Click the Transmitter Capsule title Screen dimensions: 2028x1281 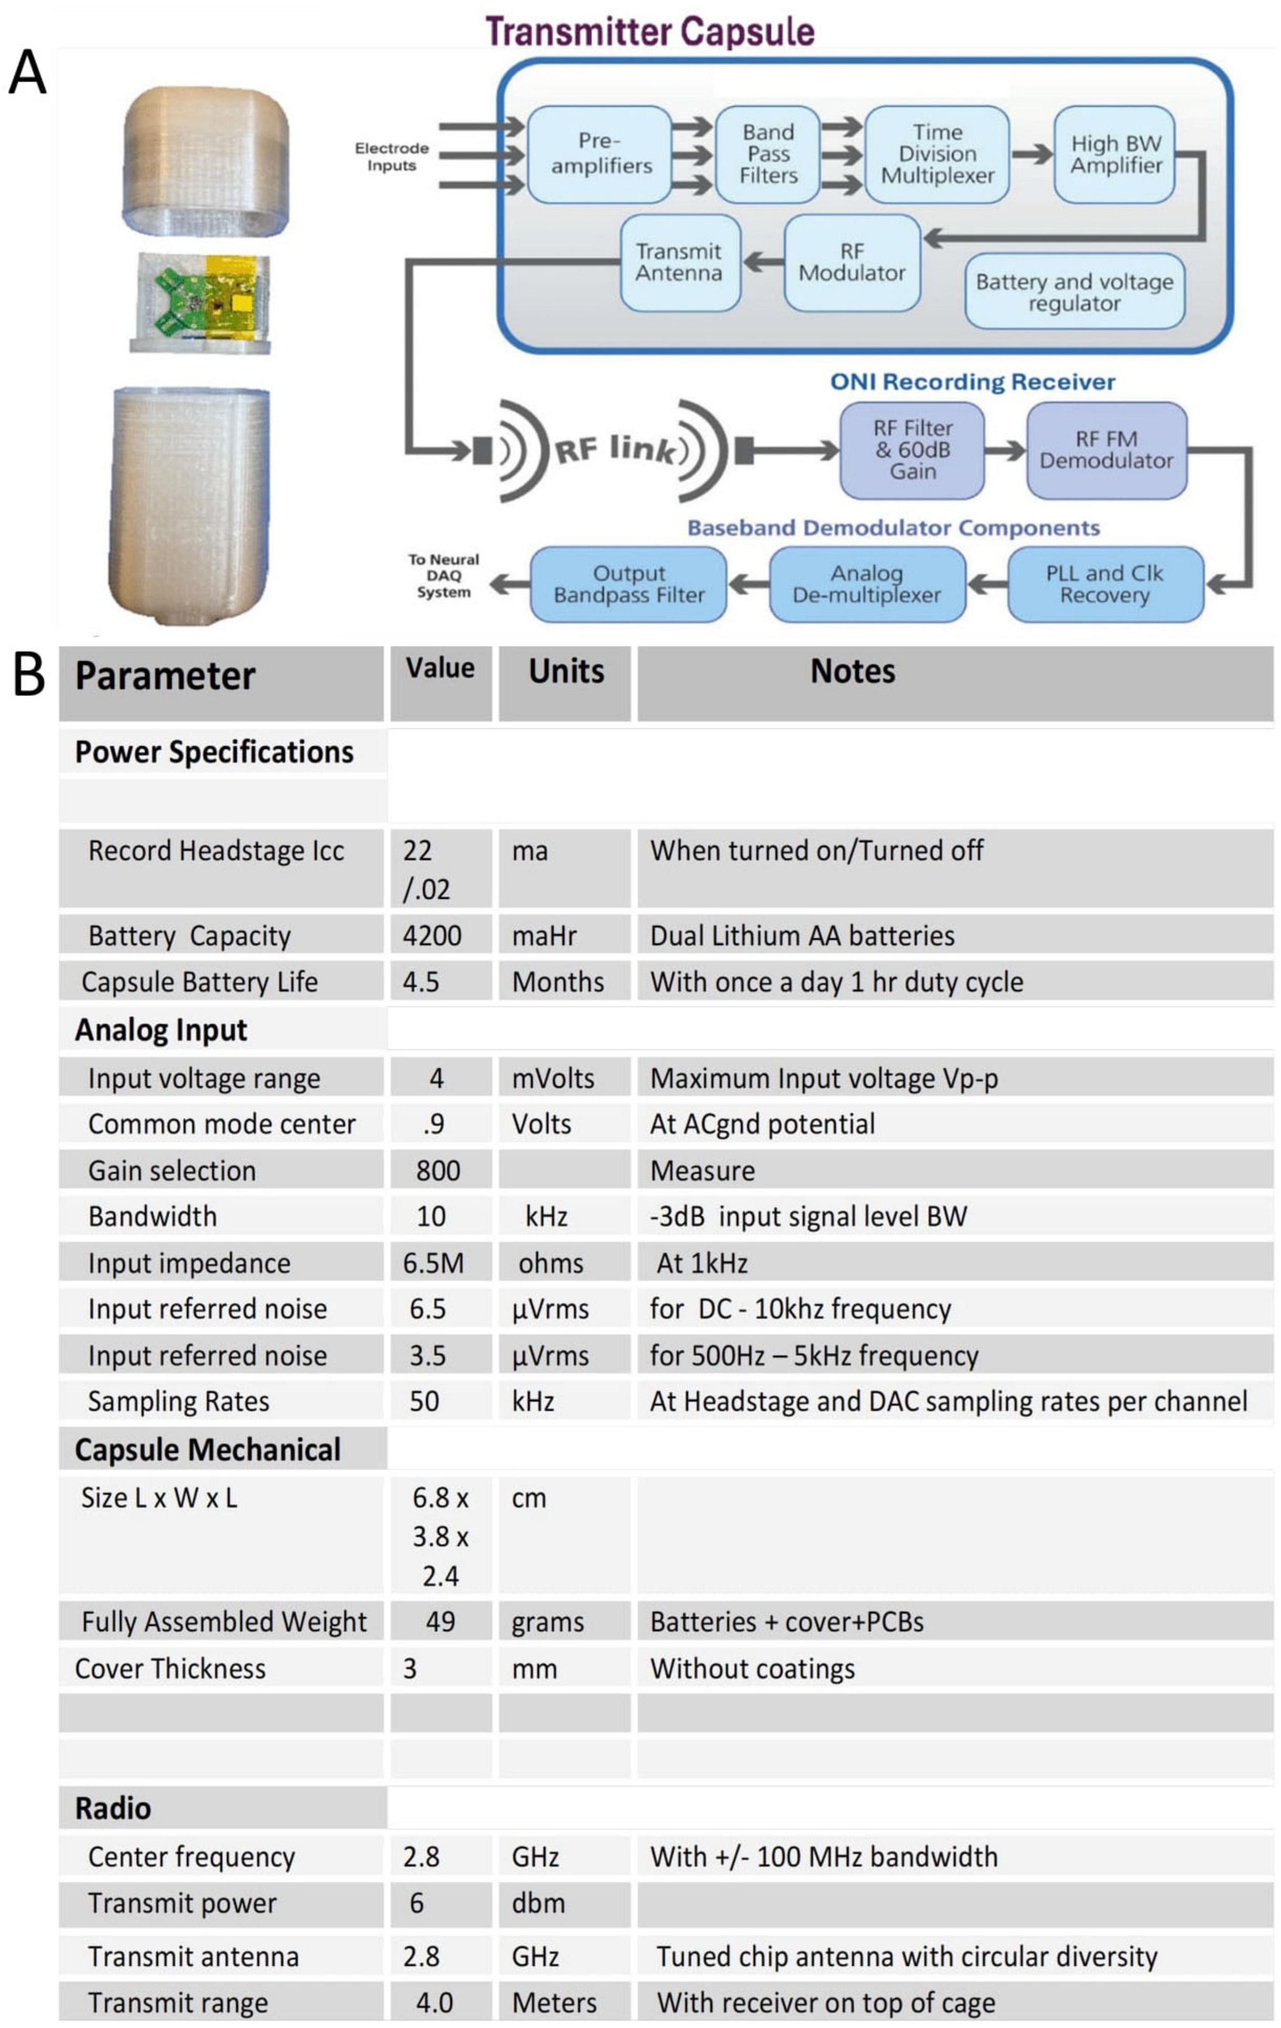click(x=649, y=32)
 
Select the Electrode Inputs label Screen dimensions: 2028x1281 click(x=392, y=157)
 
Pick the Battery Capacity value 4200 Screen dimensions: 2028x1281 click(x=432, y=936)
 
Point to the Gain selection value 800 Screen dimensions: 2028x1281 click(x=438, y=1171)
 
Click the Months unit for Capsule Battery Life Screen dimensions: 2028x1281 click(x=558, y=982)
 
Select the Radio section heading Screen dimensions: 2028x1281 click(x=113, y=1808)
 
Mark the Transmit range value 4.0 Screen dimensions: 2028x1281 click(x=435, y=2003)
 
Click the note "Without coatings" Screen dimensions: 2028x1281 click(x=752, y=1668)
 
